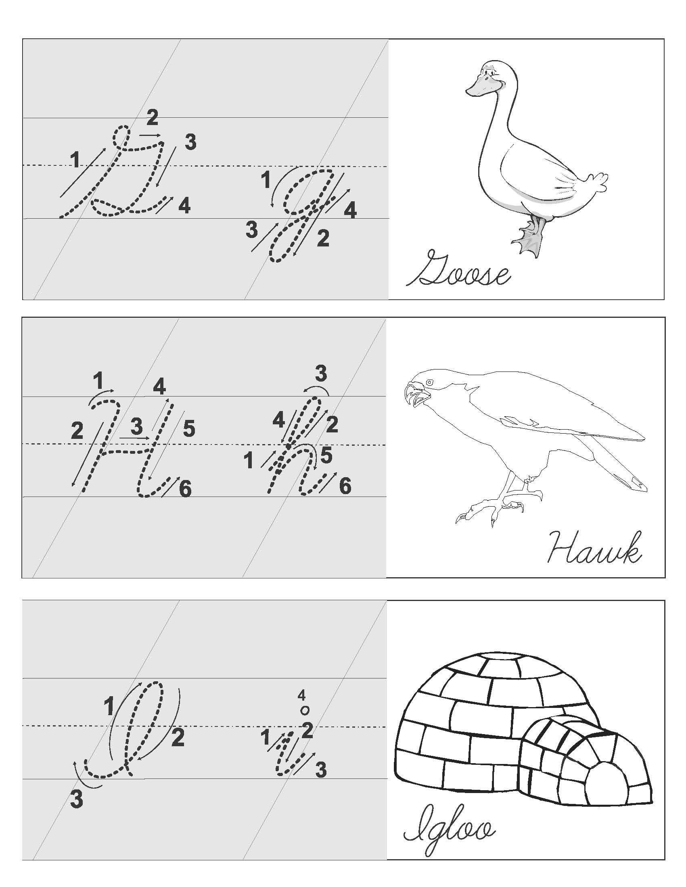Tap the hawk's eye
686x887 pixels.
tap(430, 382)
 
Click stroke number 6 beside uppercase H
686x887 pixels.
tap(185, 490)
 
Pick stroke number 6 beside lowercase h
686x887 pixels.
tap(345, 486)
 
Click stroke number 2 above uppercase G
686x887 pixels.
tap(152, 118)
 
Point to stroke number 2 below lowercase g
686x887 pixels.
tap(323, 238)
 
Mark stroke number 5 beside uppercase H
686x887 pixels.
tap(188, 429)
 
